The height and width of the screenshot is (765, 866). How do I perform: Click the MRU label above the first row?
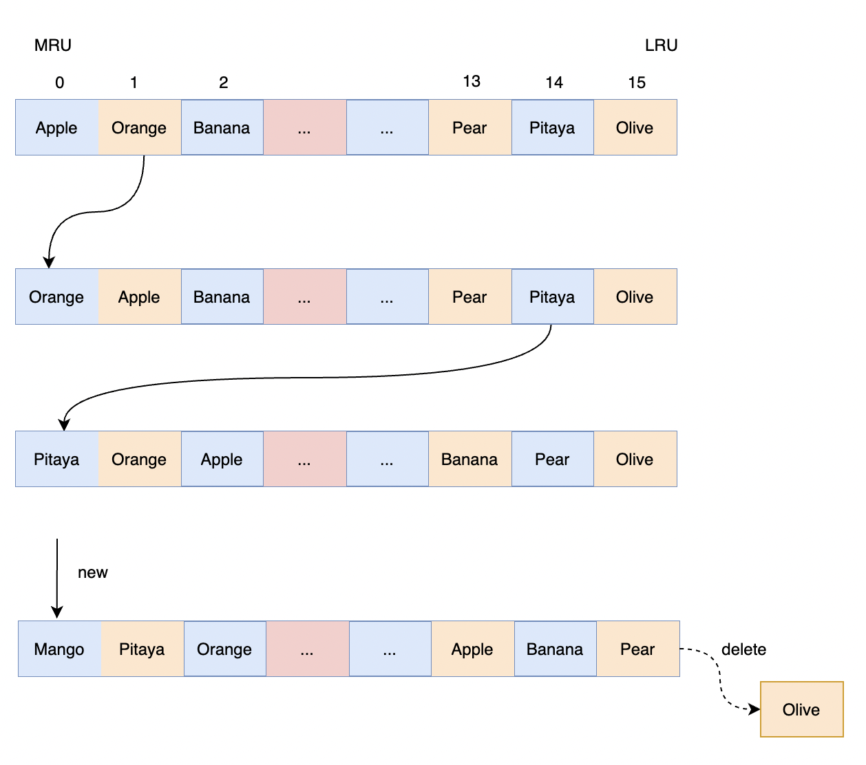click(x=53, y=45)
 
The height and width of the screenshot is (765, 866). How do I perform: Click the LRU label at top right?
click(x=661, y=45)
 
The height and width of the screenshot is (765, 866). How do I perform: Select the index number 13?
click(x=472, y=81)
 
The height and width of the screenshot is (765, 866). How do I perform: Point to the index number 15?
click(x=637, y=83)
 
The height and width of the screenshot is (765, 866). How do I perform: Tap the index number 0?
click(x=60, y=83)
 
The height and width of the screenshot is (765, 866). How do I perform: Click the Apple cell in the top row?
click(x=57, y=128)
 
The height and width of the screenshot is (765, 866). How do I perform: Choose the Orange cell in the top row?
click(x=139, y=128)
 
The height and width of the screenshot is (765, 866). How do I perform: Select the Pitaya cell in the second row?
click(x=552, y=297)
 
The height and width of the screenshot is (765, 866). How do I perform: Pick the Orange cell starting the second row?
click(x=57, y=297)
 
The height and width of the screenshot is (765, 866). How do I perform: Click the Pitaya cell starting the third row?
click(x=57, y=460)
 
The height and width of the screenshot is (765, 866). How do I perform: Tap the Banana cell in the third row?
click(x=469, y=460)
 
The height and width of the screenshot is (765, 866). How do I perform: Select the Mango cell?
click(x=60, y=649)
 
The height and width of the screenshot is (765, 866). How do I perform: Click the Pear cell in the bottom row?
click(x=637, y=649)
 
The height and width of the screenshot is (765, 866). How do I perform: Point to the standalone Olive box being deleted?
click(x=801, y=710)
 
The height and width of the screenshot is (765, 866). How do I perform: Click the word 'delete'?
click(x=743, y=649)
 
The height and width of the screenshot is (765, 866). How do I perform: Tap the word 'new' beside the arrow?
click(x=93, y=572)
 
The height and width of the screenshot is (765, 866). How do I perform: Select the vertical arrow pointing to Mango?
click(x=57, y=578)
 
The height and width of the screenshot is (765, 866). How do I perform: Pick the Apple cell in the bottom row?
click(x=472, y=649)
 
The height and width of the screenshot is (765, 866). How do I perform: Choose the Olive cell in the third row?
click(x=635, y=460)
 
